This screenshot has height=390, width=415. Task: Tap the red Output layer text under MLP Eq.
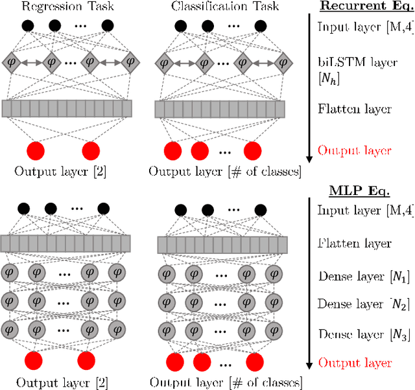click(355, 362)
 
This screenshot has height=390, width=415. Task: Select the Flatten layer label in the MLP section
click(346, 244)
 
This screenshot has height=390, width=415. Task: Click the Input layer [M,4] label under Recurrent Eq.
click(356, 28)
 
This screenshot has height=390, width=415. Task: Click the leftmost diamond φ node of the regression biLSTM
click(12, 63)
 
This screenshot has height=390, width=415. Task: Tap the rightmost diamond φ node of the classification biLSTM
click(281, 63)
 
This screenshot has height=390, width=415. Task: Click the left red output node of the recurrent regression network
click(38, 152)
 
